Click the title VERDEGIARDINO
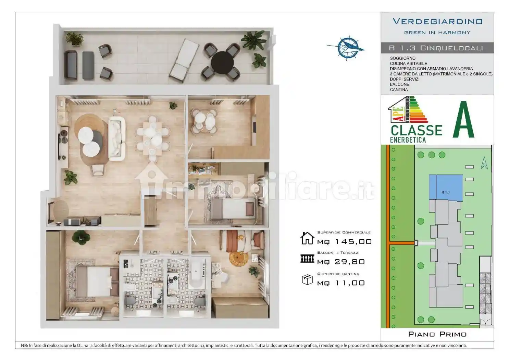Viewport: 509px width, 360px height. click(437, 22)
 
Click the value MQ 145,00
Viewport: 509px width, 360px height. click(344, 242)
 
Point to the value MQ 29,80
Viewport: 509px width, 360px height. click(341, 262)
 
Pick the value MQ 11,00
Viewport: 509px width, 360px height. click(341, 283)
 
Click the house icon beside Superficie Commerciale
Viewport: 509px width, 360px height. click(307, 238)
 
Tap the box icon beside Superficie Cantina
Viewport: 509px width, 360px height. click(307, 280)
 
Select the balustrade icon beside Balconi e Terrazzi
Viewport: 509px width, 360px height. click(307, 259)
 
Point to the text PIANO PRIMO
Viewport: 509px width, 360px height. click(437, 334)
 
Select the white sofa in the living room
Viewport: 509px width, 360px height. click(116, 139)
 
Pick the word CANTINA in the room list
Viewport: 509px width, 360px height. click(399, 90)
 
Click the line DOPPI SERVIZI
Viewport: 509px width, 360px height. click(405, 79)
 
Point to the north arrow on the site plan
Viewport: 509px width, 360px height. click(484, 163)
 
